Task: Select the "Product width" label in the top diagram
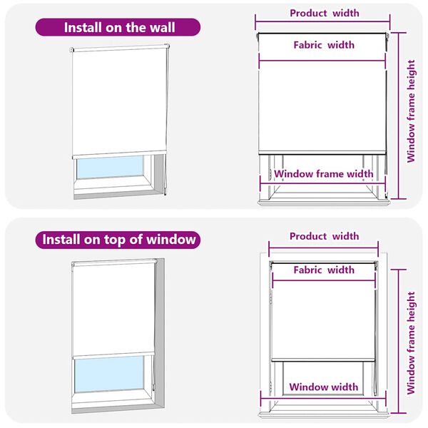point(324,13)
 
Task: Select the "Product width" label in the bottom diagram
point(324,236)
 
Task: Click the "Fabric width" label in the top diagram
point(324,45)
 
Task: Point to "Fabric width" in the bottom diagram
point(323,270)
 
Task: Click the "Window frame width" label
point(323,174)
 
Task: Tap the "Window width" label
point(323,387)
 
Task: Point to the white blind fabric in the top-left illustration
point(119,100)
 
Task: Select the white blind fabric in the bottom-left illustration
point(114,307)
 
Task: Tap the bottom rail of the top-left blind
point(119,154)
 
